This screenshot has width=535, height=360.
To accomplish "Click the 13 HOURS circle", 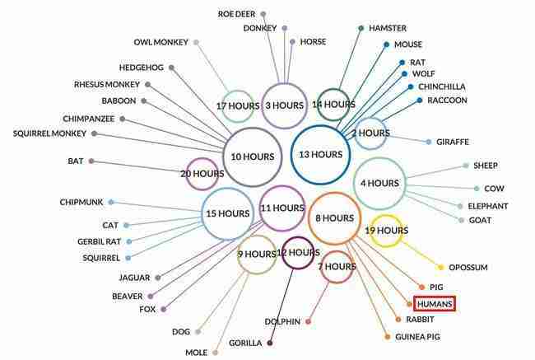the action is point(291,155).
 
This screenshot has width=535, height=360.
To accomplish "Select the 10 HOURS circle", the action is point(224,157).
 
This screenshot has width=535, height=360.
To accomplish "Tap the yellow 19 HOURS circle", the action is point(371,231).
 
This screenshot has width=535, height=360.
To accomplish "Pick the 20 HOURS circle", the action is point(187,174).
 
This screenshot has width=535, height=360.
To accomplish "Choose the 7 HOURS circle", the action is point(321,267).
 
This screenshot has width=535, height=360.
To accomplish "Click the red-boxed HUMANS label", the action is point(435,304).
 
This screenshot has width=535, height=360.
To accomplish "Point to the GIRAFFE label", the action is point(453,142).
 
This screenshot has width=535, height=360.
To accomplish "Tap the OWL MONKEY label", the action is point(160,42).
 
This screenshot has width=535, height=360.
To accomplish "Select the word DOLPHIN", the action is point(282,322).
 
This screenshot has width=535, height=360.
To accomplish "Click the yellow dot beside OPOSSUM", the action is point(440,267).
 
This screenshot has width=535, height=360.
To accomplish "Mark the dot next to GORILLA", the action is point(270,343).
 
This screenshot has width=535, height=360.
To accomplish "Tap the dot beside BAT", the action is point(91,161).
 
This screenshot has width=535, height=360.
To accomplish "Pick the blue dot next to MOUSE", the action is point(386,44).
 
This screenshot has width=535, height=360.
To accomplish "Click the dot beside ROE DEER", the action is point(263,14).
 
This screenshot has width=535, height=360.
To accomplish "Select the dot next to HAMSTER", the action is point(361,28).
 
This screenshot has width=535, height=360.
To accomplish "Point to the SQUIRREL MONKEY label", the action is point(49,133).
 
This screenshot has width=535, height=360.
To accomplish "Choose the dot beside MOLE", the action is point(215,352).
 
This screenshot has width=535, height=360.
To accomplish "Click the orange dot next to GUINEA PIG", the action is point(388,337).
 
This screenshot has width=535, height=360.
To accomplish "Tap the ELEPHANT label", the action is point(488,206).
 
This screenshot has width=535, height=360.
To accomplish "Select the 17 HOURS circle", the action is point(222,106).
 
